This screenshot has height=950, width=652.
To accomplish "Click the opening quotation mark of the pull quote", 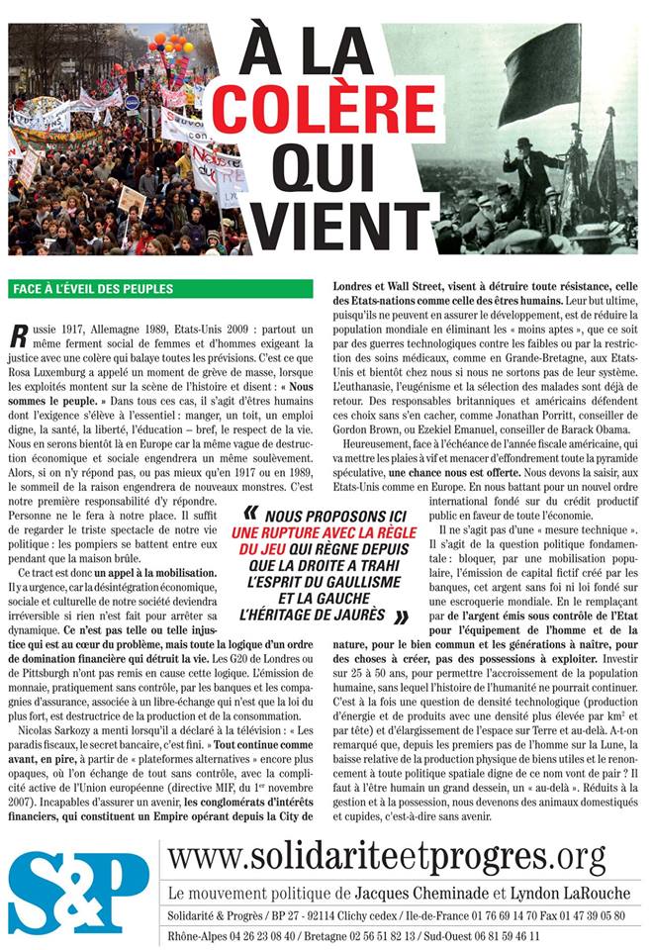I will (x=250, y=514).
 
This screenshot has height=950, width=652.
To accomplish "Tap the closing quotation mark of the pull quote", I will (x=401, y=617).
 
